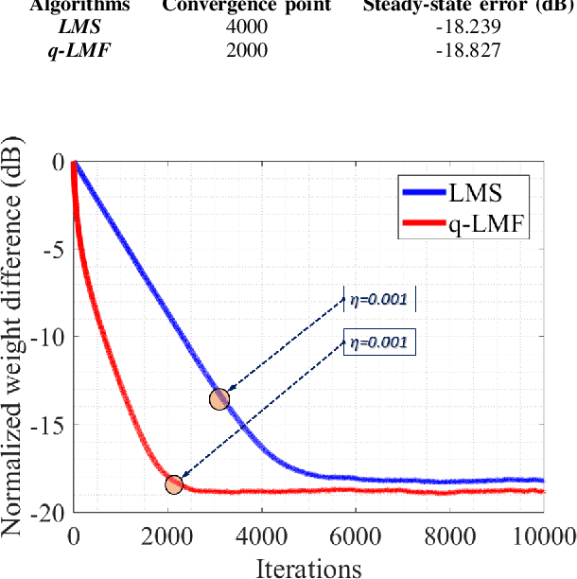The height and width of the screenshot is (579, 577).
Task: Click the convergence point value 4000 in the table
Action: pyautogui.click(x=247, y=26)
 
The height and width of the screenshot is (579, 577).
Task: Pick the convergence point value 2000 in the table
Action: pyautogui.click(x=247, y=49)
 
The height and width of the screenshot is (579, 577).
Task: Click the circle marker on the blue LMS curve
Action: pyautogui.click(x=219, y=398)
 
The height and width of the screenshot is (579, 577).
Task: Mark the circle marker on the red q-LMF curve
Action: pyautogui.click(x=174, y=484)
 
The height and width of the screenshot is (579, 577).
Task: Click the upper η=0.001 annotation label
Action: pyautogui.click(x=378, y=300)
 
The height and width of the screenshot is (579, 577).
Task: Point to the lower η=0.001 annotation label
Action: pyautogui.click(x=378, y=342)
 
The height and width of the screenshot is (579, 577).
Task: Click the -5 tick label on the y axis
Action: pyautogui.click(x=51, y=250)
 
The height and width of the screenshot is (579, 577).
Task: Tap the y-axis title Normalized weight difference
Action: pyautogui.click(x=15, y=338)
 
